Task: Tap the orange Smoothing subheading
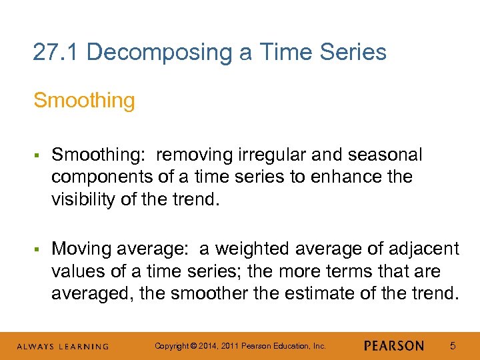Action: (x=84, y=101)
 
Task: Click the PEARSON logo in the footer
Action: (x=394, y=346)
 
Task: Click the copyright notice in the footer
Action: (x=240, y=346)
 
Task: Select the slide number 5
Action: (x=453, y=346)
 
